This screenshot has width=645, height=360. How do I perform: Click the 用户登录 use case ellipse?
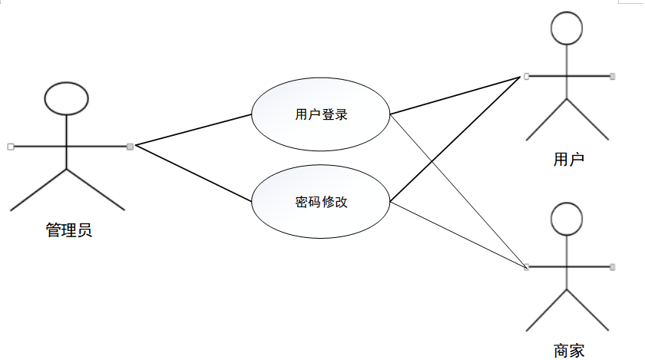(x=321, y=115)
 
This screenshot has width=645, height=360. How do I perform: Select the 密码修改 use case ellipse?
(x=321, y=203)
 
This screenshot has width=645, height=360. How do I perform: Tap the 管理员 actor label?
(x=69, y=230)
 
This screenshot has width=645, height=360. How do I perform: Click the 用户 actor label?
(x=568, y=160)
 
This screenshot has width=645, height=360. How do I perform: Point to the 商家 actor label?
(x=568, y=351)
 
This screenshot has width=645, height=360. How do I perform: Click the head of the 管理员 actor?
(x=67, y=97)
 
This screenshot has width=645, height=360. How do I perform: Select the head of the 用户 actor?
(x=567, y=29)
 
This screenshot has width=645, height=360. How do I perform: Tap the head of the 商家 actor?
(x=567, y=219)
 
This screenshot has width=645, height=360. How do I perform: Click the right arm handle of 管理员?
(x=130, y=145)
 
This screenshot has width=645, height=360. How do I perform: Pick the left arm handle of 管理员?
(x=10, y=145)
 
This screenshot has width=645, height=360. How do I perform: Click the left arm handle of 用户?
(x=526, y=76)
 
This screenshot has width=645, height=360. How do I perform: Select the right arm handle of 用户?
(x=613, y=76)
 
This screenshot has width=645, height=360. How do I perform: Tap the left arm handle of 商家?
(x=526, y=267)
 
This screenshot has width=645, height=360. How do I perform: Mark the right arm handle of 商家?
(x=613, y=267)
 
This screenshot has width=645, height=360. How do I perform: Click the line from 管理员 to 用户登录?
(x=192, y=130)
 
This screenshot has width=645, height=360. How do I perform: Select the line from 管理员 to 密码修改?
(x=192, y=173)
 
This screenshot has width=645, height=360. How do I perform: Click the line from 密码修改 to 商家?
(x=459, y=235)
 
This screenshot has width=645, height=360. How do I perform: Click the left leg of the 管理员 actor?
(x=38, y=190)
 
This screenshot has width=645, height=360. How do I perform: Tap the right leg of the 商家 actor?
(x=588, y=310)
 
